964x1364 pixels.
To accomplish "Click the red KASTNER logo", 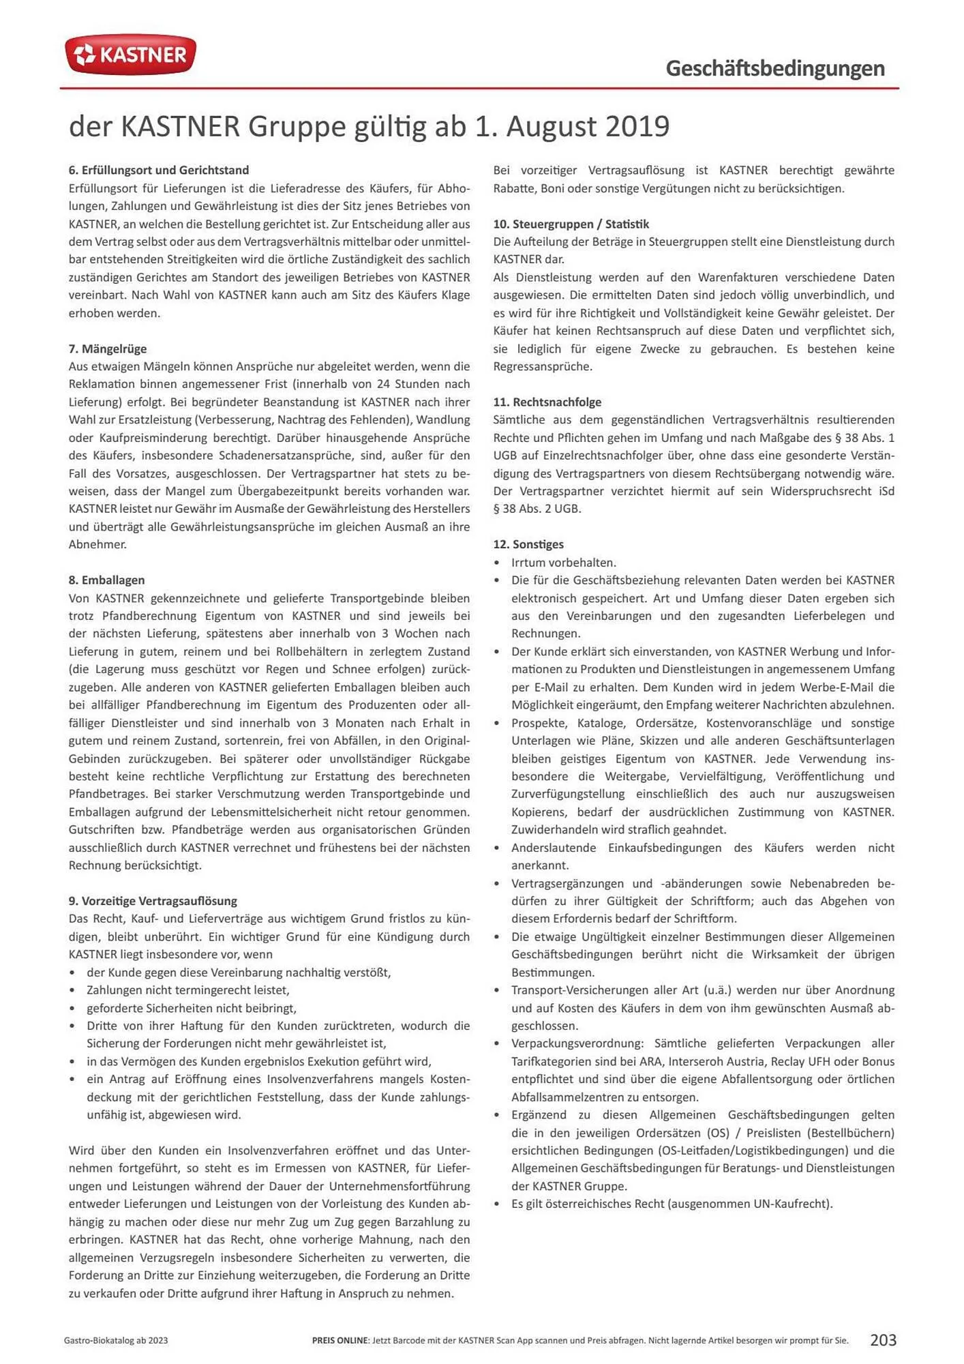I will tap(130, 55).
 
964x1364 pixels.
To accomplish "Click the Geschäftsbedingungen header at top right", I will tap(775, 68).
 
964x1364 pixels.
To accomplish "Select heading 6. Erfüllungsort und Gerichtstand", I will tap(158, 170).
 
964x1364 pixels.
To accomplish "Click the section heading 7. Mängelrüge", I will tap(107, 349).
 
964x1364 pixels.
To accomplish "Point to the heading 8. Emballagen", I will tap(106, 580).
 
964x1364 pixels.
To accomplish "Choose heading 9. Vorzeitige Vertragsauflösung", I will tap(153, 900).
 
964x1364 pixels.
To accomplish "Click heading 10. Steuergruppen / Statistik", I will tap(571, 224).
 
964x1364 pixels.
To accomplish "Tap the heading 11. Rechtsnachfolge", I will tap(547, 402).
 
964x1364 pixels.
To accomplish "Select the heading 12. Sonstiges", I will tap(528, 544).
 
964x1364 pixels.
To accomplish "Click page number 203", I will tap(883, 1339).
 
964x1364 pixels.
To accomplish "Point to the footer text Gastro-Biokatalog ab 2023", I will tap(116, 1340).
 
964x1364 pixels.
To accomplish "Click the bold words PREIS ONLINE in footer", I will tap(340, 1340).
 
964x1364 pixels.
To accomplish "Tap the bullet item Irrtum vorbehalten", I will tap(563, 563).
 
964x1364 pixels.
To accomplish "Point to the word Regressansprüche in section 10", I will tap(543, 366).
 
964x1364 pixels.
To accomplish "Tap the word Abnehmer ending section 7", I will tap(97, 544).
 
